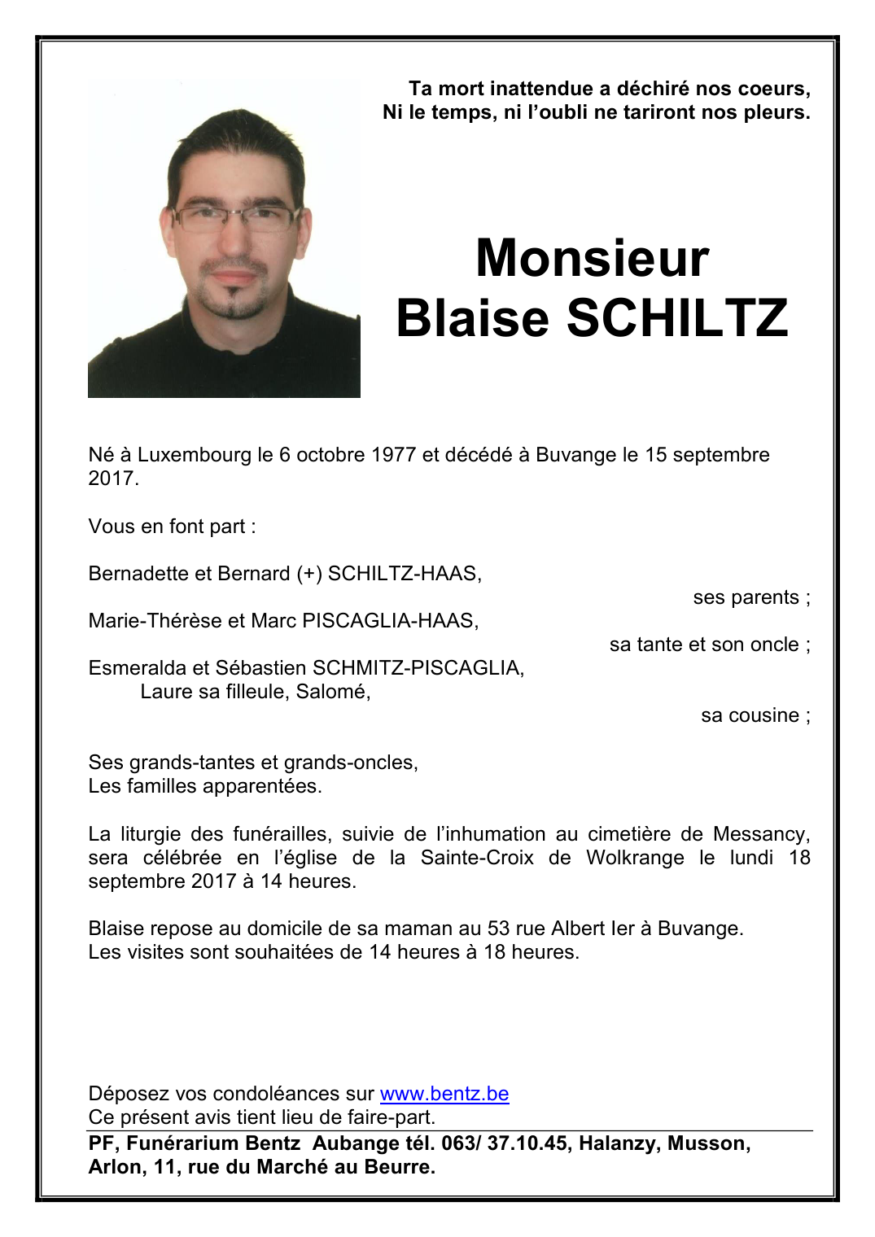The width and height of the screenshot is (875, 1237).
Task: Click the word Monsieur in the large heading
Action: click(x=592, y=259)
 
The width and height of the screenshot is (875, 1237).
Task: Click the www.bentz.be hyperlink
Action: click(x=444, y=1094)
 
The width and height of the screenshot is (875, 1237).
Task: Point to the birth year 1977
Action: click(x=393, y=455)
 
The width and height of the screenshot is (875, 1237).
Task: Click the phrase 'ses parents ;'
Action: click(x=751, y=597)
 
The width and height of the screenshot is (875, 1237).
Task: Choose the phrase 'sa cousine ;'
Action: click(x=755, y=715)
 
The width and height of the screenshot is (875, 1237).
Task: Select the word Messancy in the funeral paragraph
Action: click(x=761, y=834)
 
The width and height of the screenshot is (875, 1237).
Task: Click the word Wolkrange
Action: click(x=635, y=858)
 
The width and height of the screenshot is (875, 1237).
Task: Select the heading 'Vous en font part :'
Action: click(x=172, y=527)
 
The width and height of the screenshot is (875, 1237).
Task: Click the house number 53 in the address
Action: click(x=498, y=929)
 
